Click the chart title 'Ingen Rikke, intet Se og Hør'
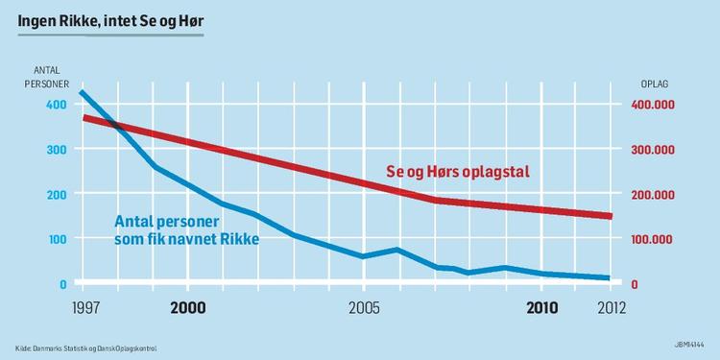(x=111, y=19)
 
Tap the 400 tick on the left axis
(x=57, y=105)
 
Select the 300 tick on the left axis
(x=57, y=150)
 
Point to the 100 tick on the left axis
(x=57, y=239)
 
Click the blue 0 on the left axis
(x=62, y=284)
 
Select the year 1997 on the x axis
(x=84, y=308)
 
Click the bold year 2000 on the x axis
(x=189, y=308)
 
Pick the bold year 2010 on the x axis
(x=541, y=308)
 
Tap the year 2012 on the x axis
(x=611, y=308)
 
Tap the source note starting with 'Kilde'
(x=85, y=348)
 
